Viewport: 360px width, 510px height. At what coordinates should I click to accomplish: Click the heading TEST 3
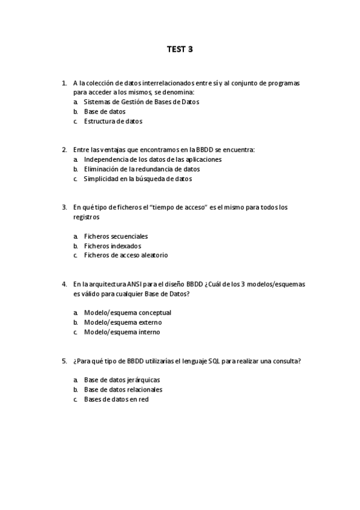[x=180, y=49]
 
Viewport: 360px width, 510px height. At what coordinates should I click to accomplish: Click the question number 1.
[x=64, y=83]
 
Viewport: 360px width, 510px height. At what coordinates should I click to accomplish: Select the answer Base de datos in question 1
[x=105, y=112]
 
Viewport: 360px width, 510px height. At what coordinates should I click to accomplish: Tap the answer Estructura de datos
[x=113, y=121]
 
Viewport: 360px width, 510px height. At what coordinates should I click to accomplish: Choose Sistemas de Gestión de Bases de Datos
[x=141, y=102]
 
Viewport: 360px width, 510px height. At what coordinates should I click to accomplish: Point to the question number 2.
[x=64, y=150]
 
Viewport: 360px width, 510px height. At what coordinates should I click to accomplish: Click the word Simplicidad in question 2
[x=101, y=179]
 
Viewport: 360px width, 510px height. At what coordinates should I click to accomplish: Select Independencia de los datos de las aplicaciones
[x=153, y=159]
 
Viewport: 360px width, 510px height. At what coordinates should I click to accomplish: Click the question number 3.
[x=64, y=207]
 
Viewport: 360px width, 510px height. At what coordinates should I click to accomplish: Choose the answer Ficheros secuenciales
[x=115, y=236]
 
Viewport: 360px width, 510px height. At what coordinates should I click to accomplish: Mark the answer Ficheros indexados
[x=112, y=246]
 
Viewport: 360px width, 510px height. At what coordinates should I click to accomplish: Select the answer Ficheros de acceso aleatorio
[x=126, y=256]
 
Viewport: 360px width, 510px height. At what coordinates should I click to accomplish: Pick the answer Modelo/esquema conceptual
[x=127, y=313]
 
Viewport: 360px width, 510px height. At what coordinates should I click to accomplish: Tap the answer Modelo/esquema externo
[x=123, y=322]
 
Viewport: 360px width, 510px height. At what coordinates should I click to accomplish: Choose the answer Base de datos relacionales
[x=123, y=390]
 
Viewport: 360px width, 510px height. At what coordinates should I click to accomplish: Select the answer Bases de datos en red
[x=116, y=399]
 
